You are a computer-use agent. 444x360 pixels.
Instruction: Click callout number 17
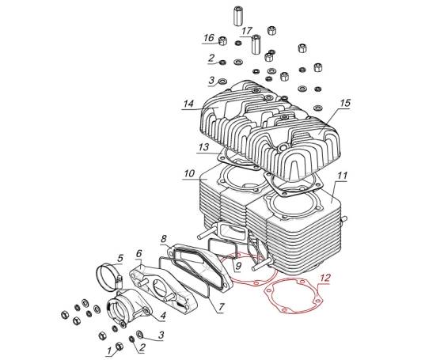pyautogui.click(x=247, y=31)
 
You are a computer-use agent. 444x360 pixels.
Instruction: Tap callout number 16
pyautogui.click(x=209, y=38)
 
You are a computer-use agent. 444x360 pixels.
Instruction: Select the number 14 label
pyautogui.click(x=188, y=104)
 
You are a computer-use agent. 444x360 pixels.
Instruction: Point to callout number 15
pyautogui.click(x=345, y=103)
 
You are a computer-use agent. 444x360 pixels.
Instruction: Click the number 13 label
pyautogui.click(x=203, y=147)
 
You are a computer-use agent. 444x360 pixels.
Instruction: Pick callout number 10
pyautogui.click(x=189, y=173)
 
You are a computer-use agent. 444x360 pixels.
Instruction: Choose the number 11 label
pyautogui.click(x=342, y=176)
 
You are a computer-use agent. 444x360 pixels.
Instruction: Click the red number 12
pyautogui.click(x=325, y=278)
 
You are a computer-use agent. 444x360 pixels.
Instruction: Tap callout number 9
pyautogui.click(x=238, y=266)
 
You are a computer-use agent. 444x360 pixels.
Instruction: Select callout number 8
pyautogui.click(x=163, y=239)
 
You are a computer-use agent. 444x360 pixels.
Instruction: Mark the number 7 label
pyautogui.click(x=221, y=307)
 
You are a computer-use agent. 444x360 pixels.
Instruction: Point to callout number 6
pyautogui.click(x=139, y=254)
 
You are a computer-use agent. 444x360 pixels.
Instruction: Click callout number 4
pyautogui.click(x=163, y=315)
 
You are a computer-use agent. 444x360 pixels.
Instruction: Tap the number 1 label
pyautogui.click(x=109, y=351)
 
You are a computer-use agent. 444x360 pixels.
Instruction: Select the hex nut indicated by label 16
pyautogui.click(x=223, y=41)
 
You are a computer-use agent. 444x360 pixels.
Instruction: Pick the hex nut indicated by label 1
pyautogui.click(x=120, y=346)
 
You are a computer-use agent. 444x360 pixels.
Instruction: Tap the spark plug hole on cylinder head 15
pyautogui.click(x=282, y=148)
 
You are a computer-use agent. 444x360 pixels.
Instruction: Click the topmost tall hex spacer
pyautogui.click(x=237, y=16)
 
